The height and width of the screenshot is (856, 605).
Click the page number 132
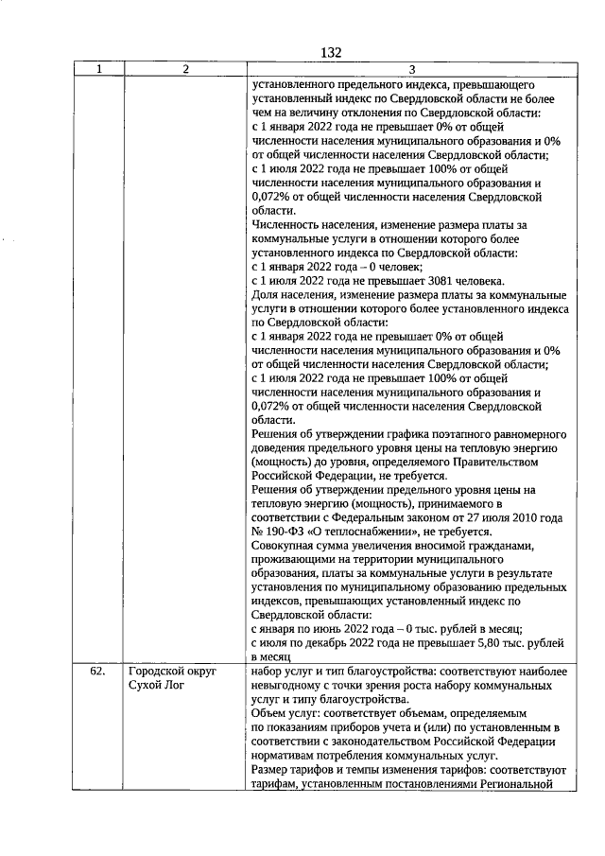click(x=330, y=52)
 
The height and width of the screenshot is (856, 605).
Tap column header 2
click(x=185, y=69)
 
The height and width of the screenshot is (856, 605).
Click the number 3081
click(x=424, y=281)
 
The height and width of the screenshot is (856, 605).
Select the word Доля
click(x=266, y=295)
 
